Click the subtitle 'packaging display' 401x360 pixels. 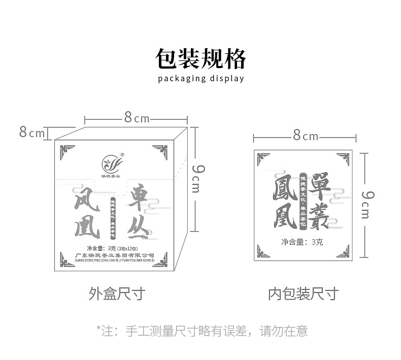tap(201, 78)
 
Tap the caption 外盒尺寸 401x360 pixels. tap(117, 293)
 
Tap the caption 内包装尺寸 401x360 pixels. tap(303, 293)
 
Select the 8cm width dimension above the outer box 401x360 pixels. tap(137, 118)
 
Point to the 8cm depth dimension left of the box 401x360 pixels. tap(32, 133)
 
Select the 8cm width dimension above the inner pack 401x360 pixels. tap(305, 136)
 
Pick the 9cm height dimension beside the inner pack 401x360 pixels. tap(366, 203)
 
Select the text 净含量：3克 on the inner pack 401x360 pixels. tap(302, 242)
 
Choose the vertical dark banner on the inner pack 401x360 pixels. tap(303, 200)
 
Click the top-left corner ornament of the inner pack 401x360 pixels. tap(263, 159)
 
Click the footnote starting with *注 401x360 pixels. tap(202, 331)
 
